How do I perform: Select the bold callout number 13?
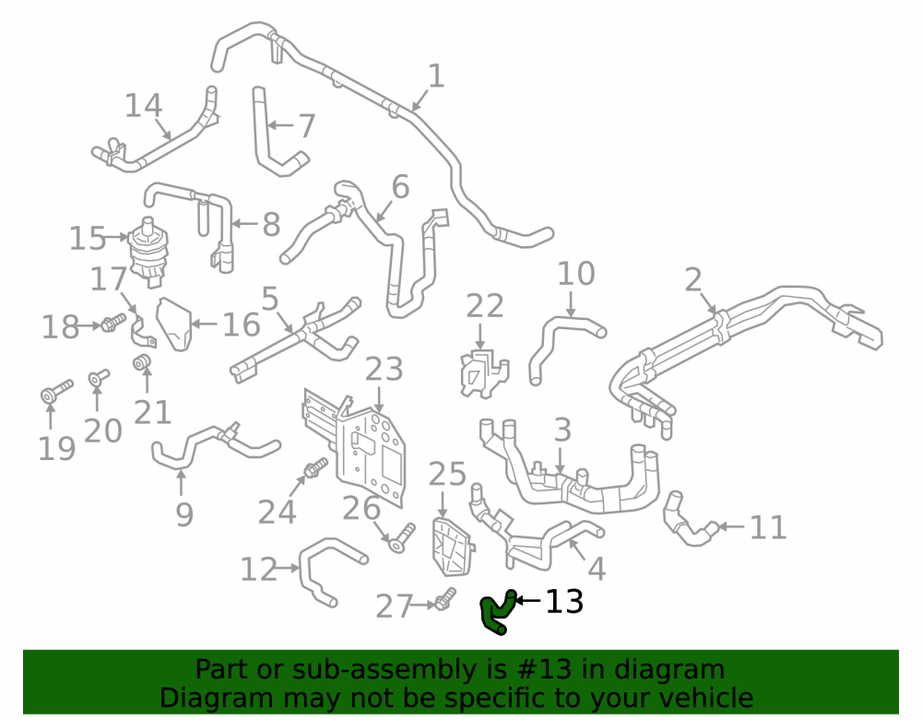tap(564, 601)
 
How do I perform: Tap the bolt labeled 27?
tap(445, 599)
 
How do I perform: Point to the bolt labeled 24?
tap(315, 467)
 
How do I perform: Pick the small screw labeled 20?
tap(99, 377)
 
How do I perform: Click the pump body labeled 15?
tap(148, 252)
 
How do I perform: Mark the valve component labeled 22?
tap(483, 373)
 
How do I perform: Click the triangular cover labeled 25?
tap(453, 546)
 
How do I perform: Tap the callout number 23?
tap(384, 369)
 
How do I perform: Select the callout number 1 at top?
tap(436, 77)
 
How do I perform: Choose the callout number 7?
tap(307, 125)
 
